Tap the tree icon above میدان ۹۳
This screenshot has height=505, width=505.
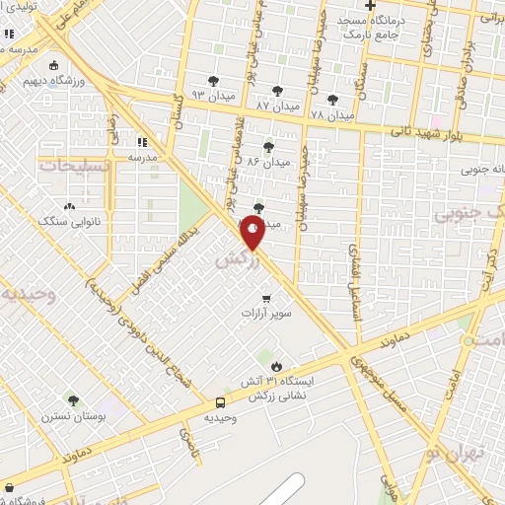(213, 81)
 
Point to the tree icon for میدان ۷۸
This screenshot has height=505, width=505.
(331, 99)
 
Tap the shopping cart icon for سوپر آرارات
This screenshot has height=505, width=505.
(266, 298)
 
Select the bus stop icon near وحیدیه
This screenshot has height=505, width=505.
(220, 402)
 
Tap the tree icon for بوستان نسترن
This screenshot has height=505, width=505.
(72, 400)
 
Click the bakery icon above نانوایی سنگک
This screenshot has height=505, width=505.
(69, 207)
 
